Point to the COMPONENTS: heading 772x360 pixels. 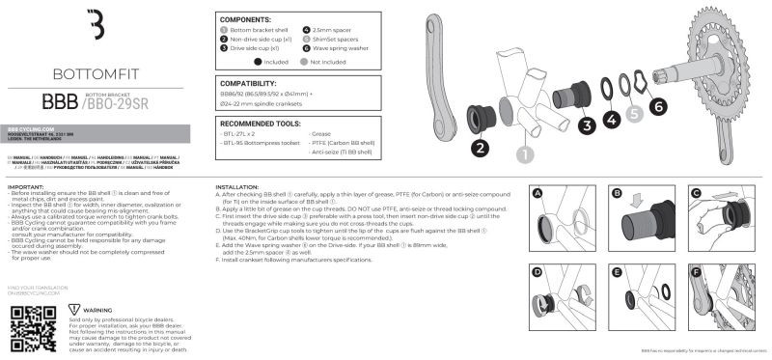click(245, 19)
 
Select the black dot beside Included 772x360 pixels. click(229, 60)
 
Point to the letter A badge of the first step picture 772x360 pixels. click(538, 193)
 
